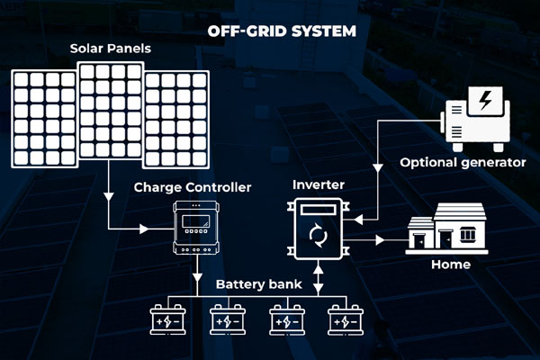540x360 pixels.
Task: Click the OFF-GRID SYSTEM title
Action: pyautogui.click(x=282, y=31)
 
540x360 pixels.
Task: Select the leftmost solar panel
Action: pyautogui.click(x=43, y=119)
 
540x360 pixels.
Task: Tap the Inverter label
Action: pyautogui.click(x=318, y=185)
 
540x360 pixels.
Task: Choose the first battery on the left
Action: pyautogui.click(x=170, y=319)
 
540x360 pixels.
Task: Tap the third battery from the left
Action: pyautogui.click(x=287, y=319)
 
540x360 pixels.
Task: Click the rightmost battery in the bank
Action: pyautogui.click(x=346, y=319)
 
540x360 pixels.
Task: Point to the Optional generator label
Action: pyautogui.click(x=463, y=163)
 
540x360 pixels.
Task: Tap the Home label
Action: pyautogui.click(x=450, y=265)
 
